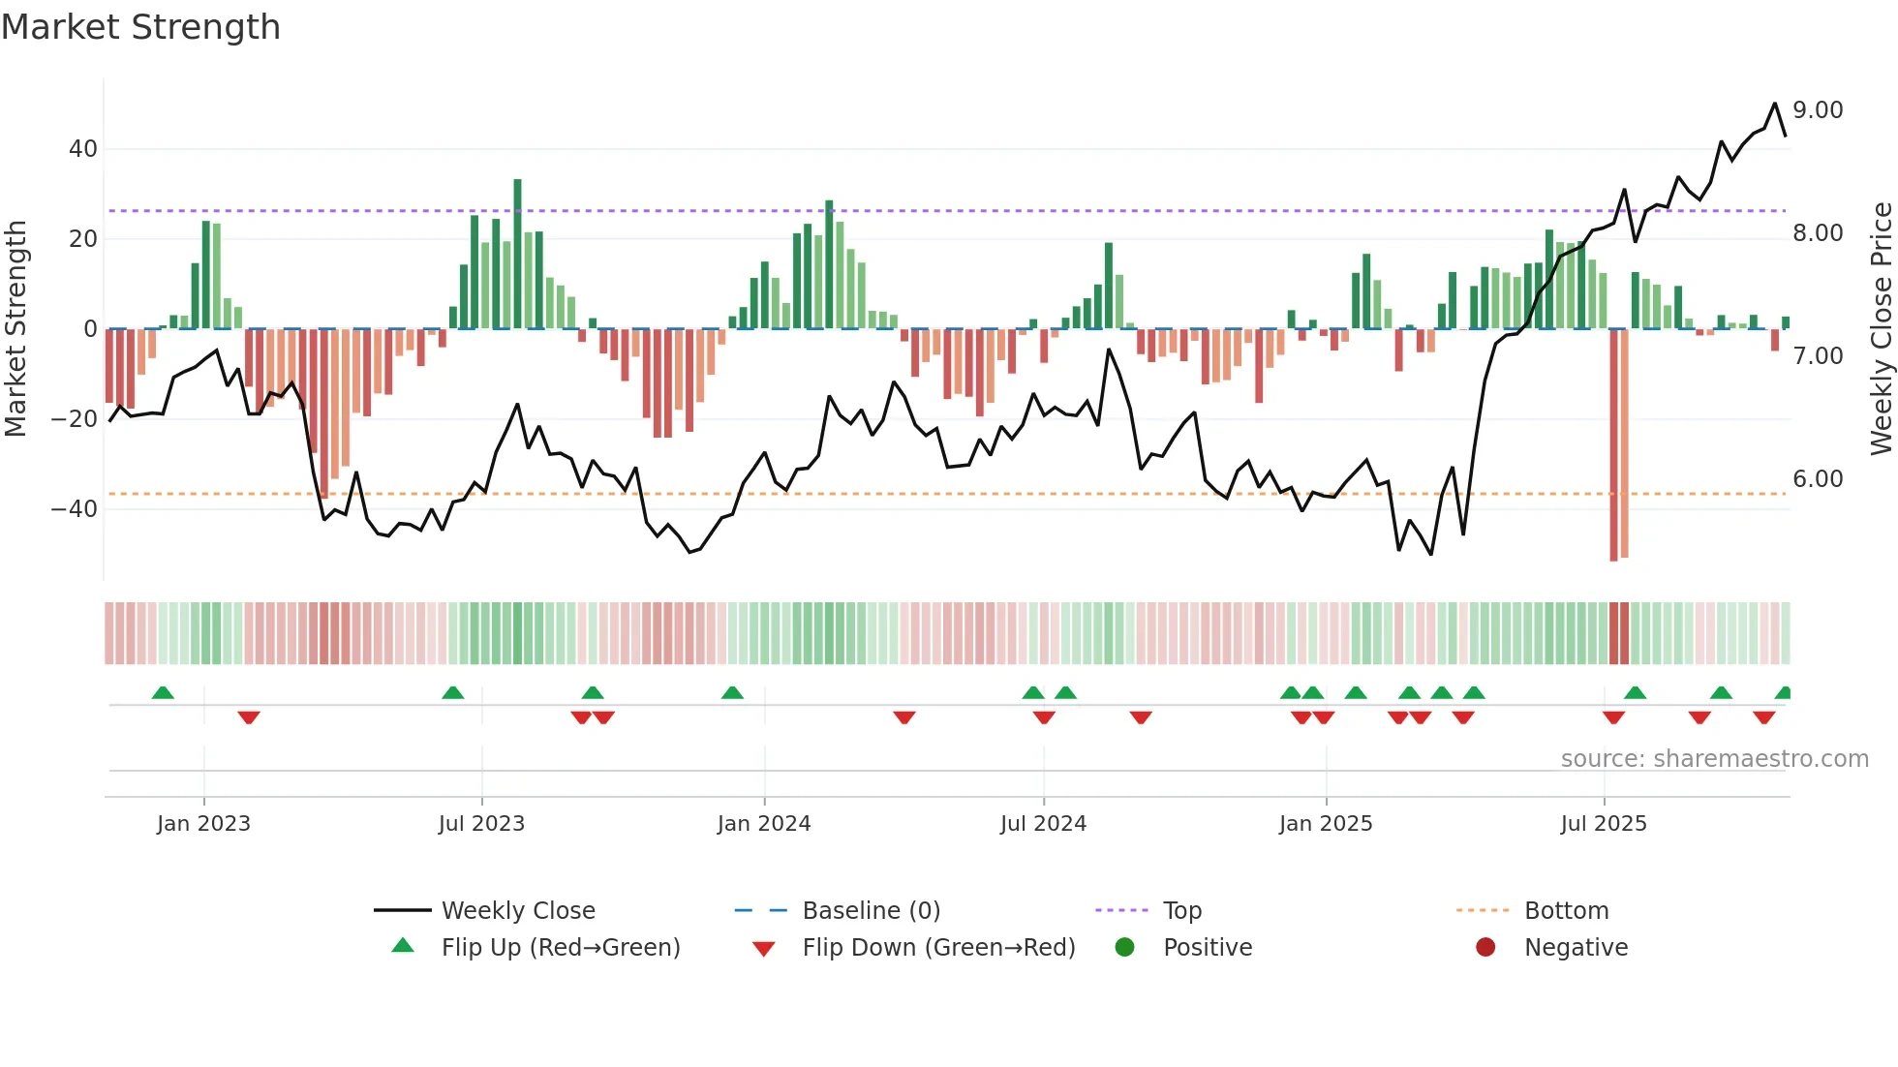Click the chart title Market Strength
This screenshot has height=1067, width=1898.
[140, 27]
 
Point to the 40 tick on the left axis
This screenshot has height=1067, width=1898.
[83, 149]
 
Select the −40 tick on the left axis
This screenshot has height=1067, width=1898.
[75, 509]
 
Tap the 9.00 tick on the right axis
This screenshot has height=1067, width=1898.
[1818, 110]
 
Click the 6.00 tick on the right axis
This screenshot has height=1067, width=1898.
[1818, 479]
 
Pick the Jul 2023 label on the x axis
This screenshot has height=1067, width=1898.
[481, 824]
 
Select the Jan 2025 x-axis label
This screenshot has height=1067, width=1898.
[1326, 824]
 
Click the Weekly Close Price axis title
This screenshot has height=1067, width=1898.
[1881, 328]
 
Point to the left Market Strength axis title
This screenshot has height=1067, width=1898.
[15, 328]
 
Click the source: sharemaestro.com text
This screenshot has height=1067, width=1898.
[1714, 759]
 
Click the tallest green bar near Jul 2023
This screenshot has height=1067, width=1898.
[517, 252]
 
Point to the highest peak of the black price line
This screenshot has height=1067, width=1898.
[1775, 104]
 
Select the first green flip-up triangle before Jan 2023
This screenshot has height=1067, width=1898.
[163, 692]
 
